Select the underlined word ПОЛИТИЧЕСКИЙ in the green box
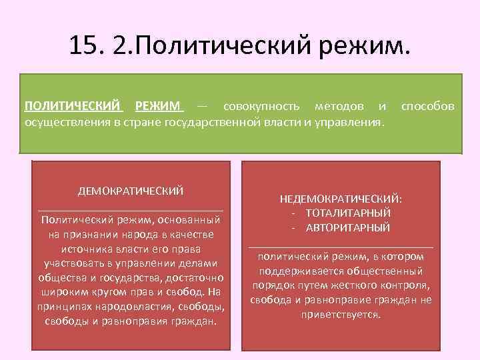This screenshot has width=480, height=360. pos(74,106)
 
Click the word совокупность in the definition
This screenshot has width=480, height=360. pos(261,106)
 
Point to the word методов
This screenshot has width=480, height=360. pos(339,106)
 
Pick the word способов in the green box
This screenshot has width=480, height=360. pos(427,106)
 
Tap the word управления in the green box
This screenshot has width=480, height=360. pos(348,123)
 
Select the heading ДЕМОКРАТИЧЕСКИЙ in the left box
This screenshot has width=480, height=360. pos(131,191)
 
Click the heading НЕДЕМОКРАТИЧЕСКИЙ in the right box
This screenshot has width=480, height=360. pos(340,198)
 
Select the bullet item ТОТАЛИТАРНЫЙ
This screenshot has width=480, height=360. pos(348,213)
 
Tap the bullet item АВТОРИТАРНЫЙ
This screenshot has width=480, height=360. pos(348,227)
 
